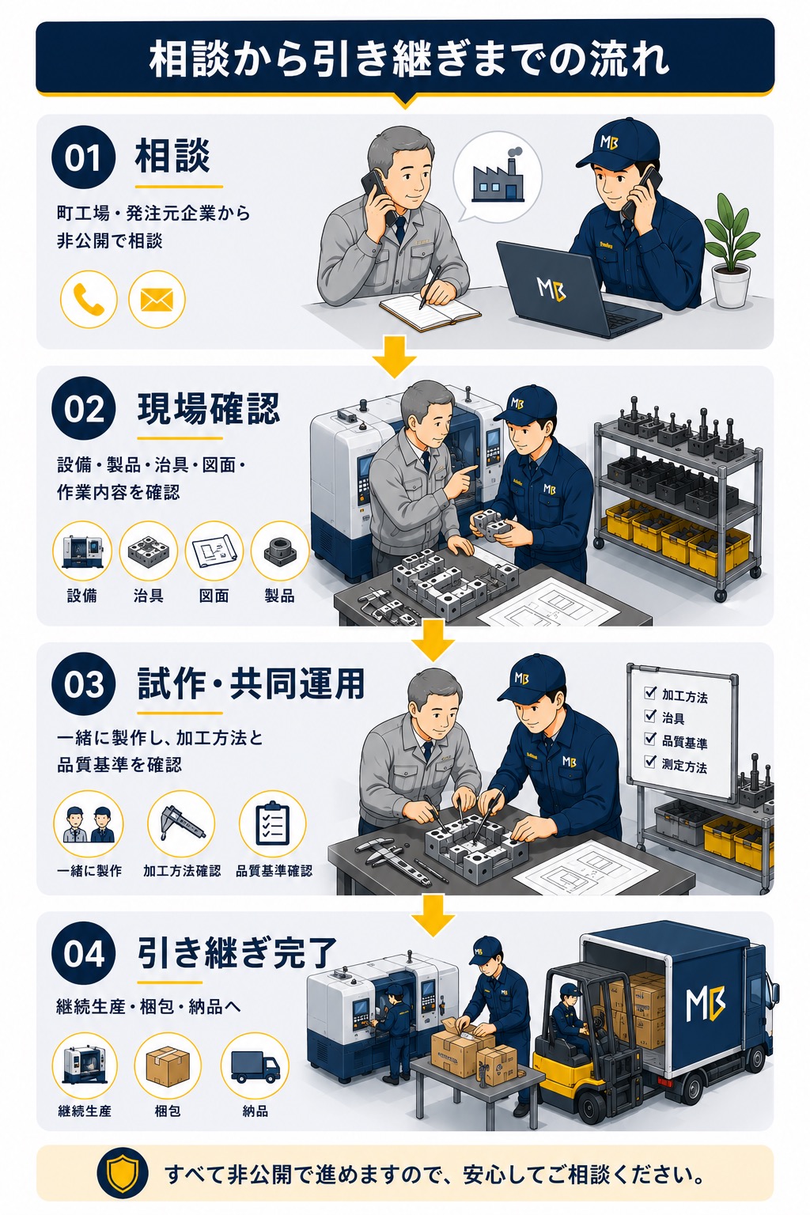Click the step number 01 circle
click(84, 157)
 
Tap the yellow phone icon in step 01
click(89, 299)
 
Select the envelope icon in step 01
click(157, 299)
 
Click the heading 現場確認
click(208, 409)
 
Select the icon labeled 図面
click(214, 550)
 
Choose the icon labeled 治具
click(148, 550)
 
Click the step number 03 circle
click(84, 684)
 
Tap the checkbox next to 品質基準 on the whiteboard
click(650, 740)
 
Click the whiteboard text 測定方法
click(684, 766)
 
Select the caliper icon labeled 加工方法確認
click(181, 824)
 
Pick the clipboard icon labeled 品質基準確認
click(273, 824)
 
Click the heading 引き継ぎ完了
click(237, 953)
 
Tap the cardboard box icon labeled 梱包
click(168, 1065)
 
